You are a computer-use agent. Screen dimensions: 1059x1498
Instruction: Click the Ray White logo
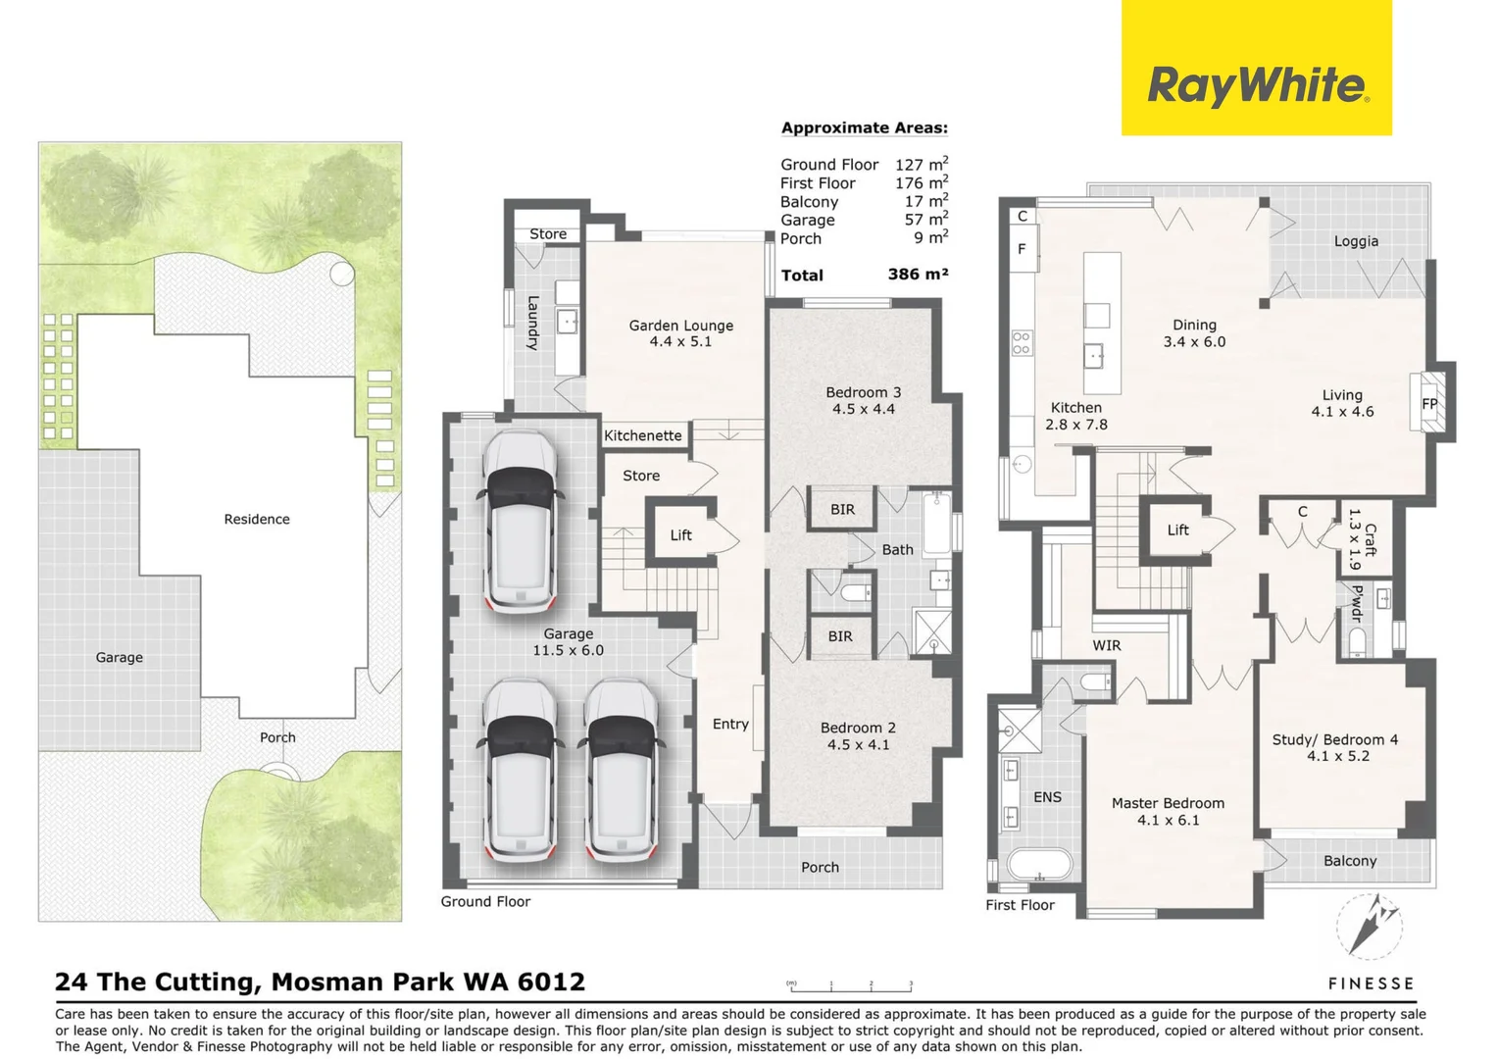1256,85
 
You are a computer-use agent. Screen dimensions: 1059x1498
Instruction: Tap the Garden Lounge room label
680,333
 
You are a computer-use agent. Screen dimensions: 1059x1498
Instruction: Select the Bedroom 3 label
863,400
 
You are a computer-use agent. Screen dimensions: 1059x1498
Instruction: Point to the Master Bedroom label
1168,811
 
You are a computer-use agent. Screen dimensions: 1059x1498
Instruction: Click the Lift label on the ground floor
680,534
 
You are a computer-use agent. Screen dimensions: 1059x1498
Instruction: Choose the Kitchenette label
642,435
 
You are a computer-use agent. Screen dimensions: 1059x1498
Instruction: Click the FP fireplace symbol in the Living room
1429,403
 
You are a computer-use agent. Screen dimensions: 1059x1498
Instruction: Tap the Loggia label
1356,241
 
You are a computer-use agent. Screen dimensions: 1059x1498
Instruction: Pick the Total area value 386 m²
918,275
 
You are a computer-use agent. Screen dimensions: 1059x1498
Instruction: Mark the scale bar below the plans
851,985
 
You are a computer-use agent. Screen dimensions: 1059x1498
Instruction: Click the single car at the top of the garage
521,522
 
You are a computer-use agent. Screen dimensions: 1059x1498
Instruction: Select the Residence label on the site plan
257,519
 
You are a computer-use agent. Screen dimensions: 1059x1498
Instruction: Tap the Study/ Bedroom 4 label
1334,747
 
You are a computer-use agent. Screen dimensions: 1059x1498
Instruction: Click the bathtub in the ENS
1039,865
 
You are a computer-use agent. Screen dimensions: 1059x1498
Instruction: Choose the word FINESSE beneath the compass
1371,983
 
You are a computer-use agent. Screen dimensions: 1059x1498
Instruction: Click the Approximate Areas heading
864,127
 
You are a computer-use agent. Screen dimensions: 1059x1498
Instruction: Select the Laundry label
532,323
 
